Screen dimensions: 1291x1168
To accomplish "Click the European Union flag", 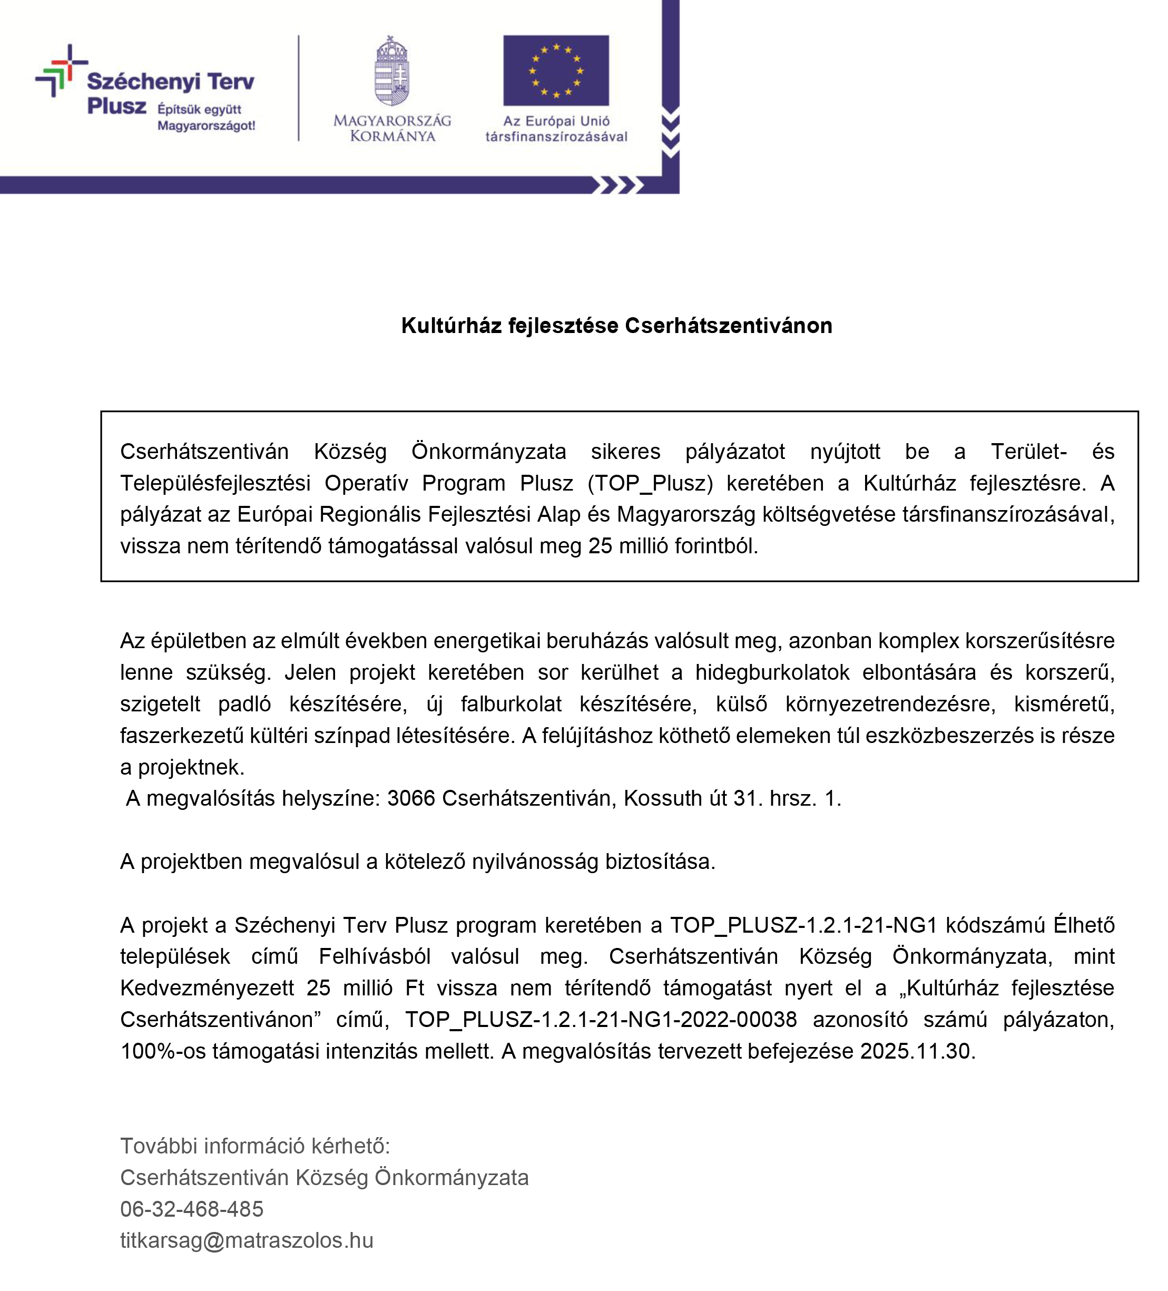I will (555, 71).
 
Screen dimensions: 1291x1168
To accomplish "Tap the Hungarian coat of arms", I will (392, 71).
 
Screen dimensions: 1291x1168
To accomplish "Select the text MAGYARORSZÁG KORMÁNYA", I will (392, 128).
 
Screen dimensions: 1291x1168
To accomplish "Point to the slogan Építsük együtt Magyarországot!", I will (206, 117).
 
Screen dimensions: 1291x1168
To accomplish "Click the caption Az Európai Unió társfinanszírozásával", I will (556, 128).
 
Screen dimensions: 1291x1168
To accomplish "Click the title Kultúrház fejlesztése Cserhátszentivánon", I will (616, 325).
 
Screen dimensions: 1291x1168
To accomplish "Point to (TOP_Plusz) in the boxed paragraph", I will (649, 483).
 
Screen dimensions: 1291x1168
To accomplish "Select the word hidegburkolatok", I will (772, 672).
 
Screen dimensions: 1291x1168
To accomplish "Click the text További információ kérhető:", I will (255, 1146).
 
